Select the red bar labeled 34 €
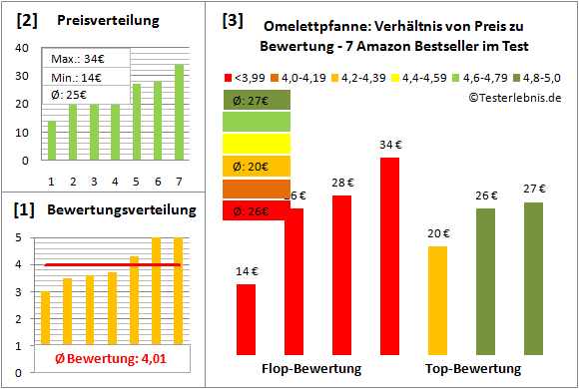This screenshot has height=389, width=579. click(389, 255)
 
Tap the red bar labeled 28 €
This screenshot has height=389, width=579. click(341, 274)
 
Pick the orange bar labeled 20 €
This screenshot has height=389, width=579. click(437, 299)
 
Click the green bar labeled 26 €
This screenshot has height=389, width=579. click(485, 280)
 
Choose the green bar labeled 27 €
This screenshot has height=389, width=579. click(533, 277)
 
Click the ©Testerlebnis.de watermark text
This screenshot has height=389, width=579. click(515, 97)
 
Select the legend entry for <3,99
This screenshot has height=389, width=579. click(249, 77)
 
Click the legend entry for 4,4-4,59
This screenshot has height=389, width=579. click(423, 77)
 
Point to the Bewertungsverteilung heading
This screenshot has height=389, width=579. click(115, 211)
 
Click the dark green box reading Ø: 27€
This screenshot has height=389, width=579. click(256, 100)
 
